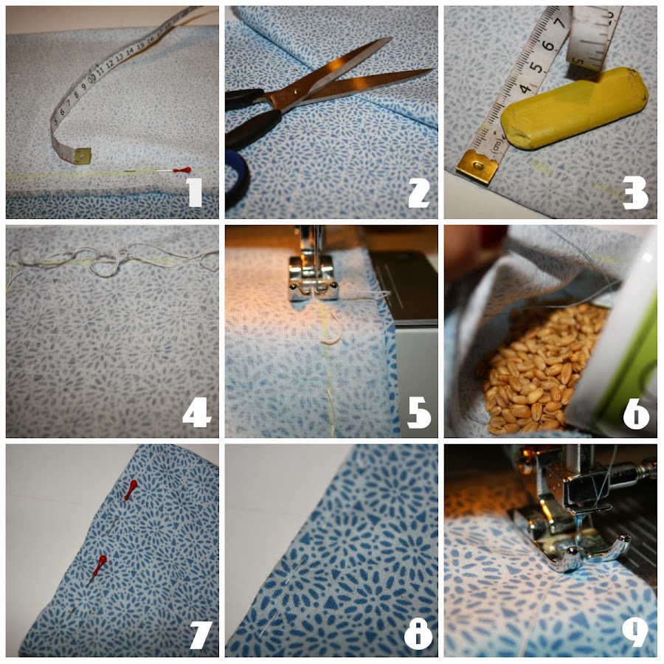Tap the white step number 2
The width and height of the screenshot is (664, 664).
418,193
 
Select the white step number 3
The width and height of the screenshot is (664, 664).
635,193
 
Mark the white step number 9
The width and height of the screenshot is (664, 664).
635,633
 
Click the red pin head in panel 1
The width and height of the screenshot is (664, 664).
182,170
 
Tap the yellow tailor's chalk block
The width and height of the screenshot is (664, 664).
574,109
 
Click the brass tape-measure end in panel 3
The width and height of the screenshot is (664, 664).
477,167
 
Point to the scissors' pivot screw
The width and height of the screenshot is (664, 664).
294,91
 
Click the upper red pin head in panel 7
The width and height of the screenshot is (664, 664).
131,489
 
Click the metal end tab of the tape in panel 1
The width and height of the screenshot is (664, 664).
81,156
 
